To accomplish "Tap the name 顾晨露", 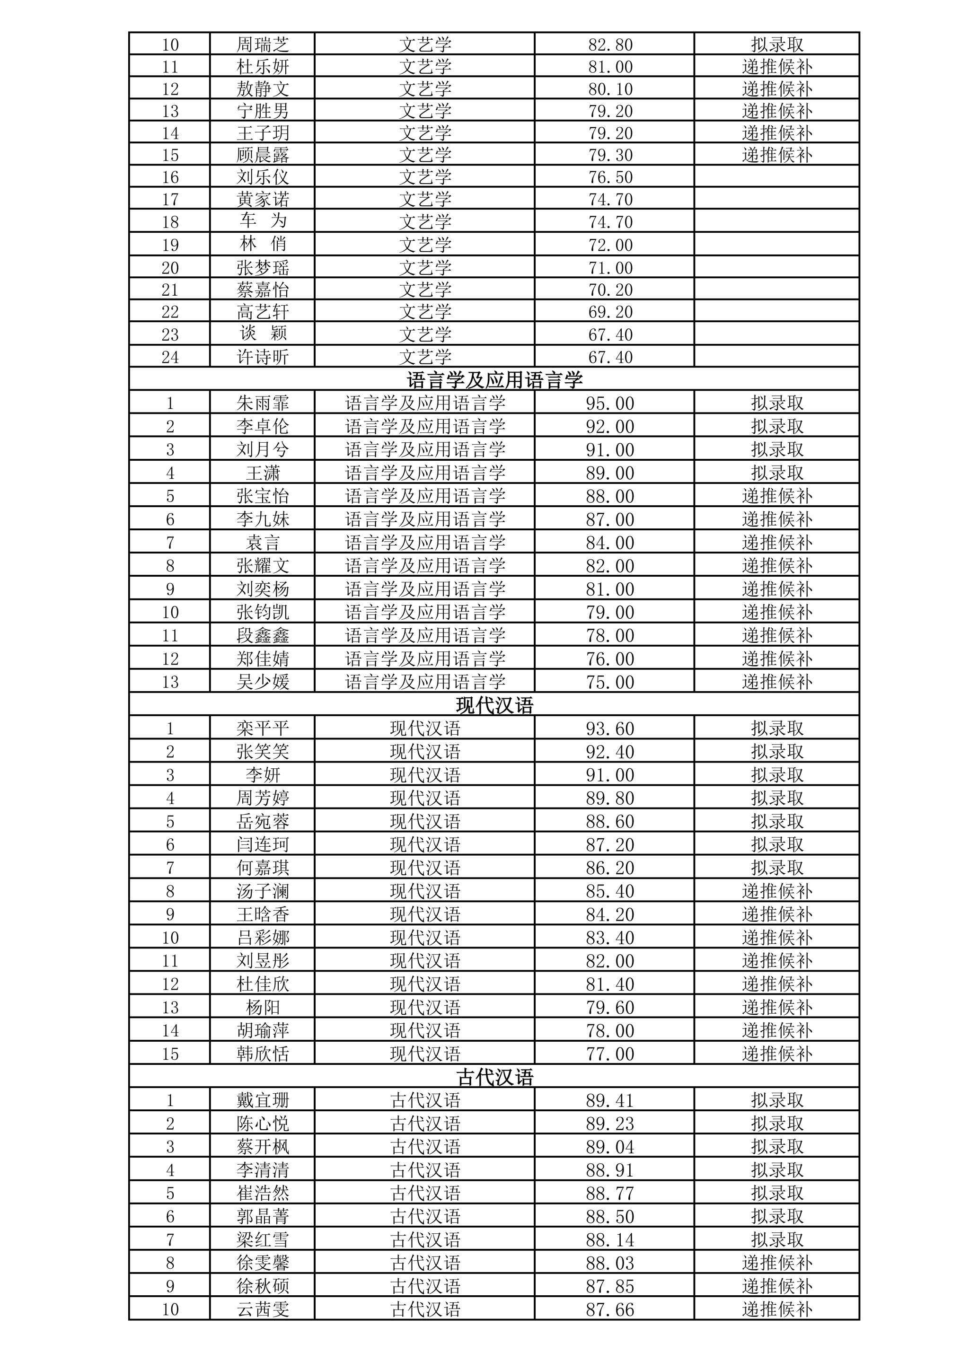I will tap(263, 155).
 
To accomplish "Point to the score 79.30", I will tap(610, 155).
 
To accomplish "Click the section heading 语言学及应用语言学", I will tap(494, 380).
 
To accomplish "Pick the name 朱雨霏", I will tap(263, 404).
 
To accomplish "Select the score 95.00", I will tap(610, 404).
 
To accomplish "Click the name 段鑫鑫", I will tap(263, 635).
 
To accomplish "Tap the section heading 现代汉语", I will tap(494, 705).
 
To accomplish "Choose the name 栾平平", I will tap(263, 729).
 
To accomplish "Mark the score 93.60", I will tap(610, 729).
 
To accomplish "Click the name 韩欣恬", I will tap(263, 1054).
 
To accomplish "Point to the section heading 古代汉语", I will tap(494, 1077).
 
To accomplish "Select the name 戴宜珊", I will tap(263, 1100).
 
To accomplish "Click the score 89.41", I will tap(610, 1100).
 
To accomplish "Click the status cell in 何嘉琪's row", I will tap(777, 868).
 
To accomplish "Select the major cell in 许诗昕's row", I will tap(425, 357).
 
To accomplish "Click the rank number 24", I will tap(170, 357).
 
